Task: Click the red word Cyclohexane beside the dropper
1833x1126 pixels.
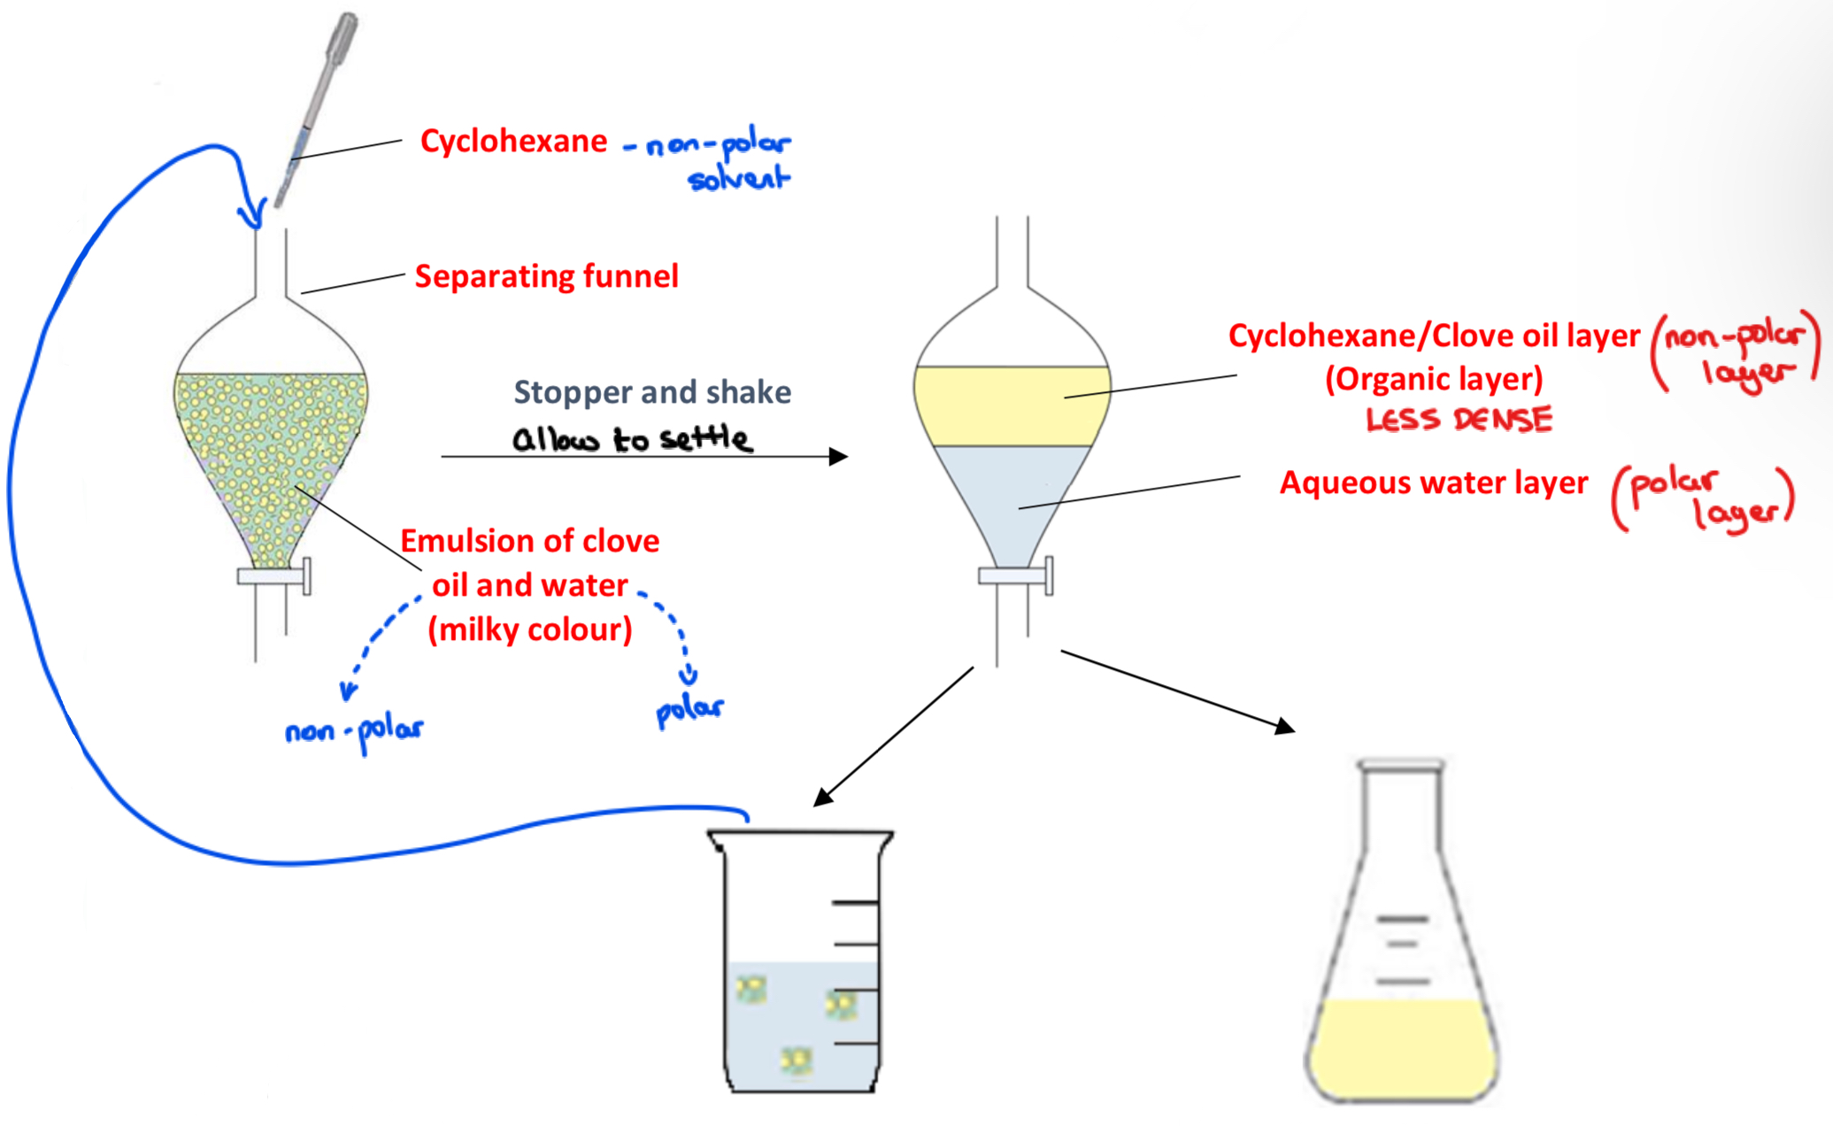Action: click(513, 142)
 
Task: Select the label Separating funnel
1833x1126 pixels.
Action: click(546, 276)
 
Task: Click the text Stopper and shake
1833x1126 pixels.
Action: click(652, 392)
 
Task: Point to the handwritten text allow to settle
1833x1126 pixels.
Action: click(632, 439)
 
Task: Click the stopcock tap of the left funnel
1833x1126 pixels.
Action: click(274, 576)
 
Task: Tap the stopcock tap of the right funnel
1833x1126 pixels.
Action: click(1015, 576)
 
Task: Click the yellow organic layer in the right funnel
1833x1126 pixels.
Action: click(1011, 405)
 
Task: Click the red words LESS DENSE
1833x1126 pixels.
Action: click(1459, 420)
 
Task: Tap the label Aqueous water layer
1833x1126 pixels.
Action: click(1434, 483)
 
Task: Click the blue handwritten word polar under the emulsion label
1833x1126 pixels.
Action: click(689, 709)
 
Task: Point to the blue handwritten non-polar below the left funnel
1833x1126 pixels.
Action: click(354, 731)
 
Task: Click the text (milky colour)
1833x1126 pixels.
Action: click(530, 630)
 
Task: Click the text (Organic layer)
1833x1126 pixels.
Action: click(1434, 379)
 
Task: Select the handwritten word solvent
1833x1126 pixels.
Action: click(738, 179)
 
